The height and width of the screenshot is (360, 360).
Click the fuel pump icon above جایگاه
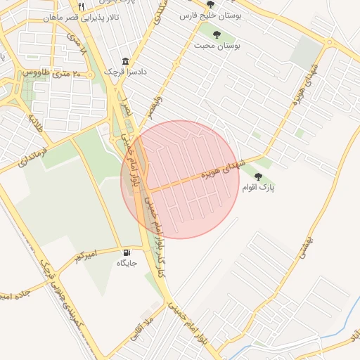[127, 253]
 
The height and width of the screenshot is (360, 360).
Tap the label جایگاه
[127, 264]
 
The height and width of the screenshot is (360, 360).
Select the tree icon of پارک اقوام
[258, 176]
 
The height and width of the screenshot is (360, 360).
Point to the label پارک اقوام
[258, 188]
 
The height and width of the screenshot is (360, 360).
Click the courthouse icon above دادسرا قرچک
[125, 61]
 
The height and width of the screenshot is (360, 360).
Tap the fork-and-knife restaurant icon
[82, 6]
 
